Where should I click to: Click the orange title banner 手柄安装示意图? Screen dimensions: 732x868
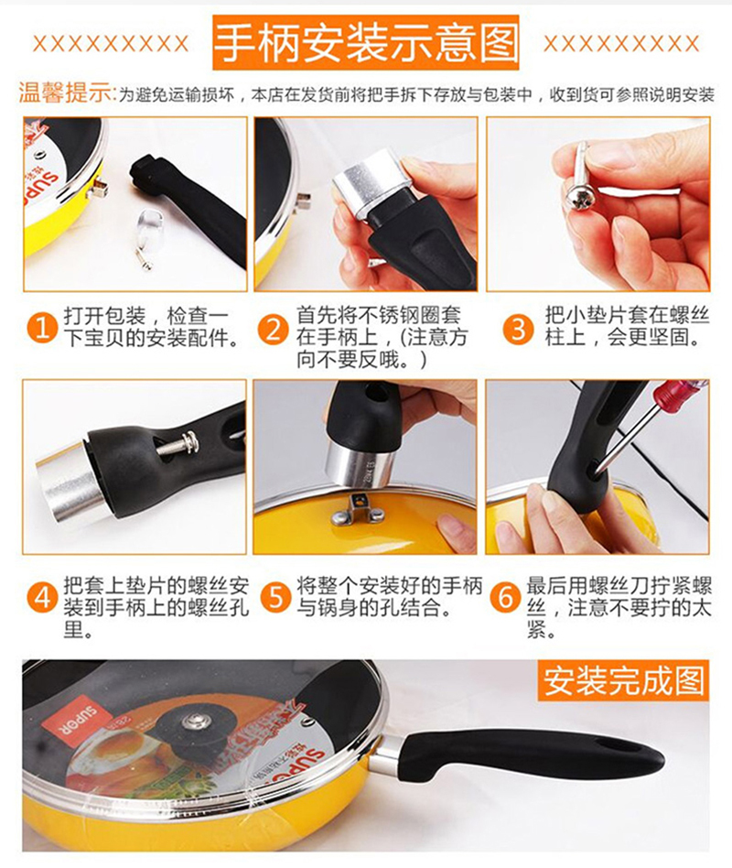[366, 43]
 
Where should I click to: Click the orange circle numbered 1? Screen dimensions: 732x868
[43, 327]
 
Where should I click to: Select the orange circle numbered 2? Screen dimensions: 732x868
[274, 329]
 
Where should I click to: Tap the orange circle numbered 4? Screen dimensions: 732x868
[43, 599]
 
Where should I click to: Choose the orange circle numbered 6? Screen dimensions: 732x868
[506, 597]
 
